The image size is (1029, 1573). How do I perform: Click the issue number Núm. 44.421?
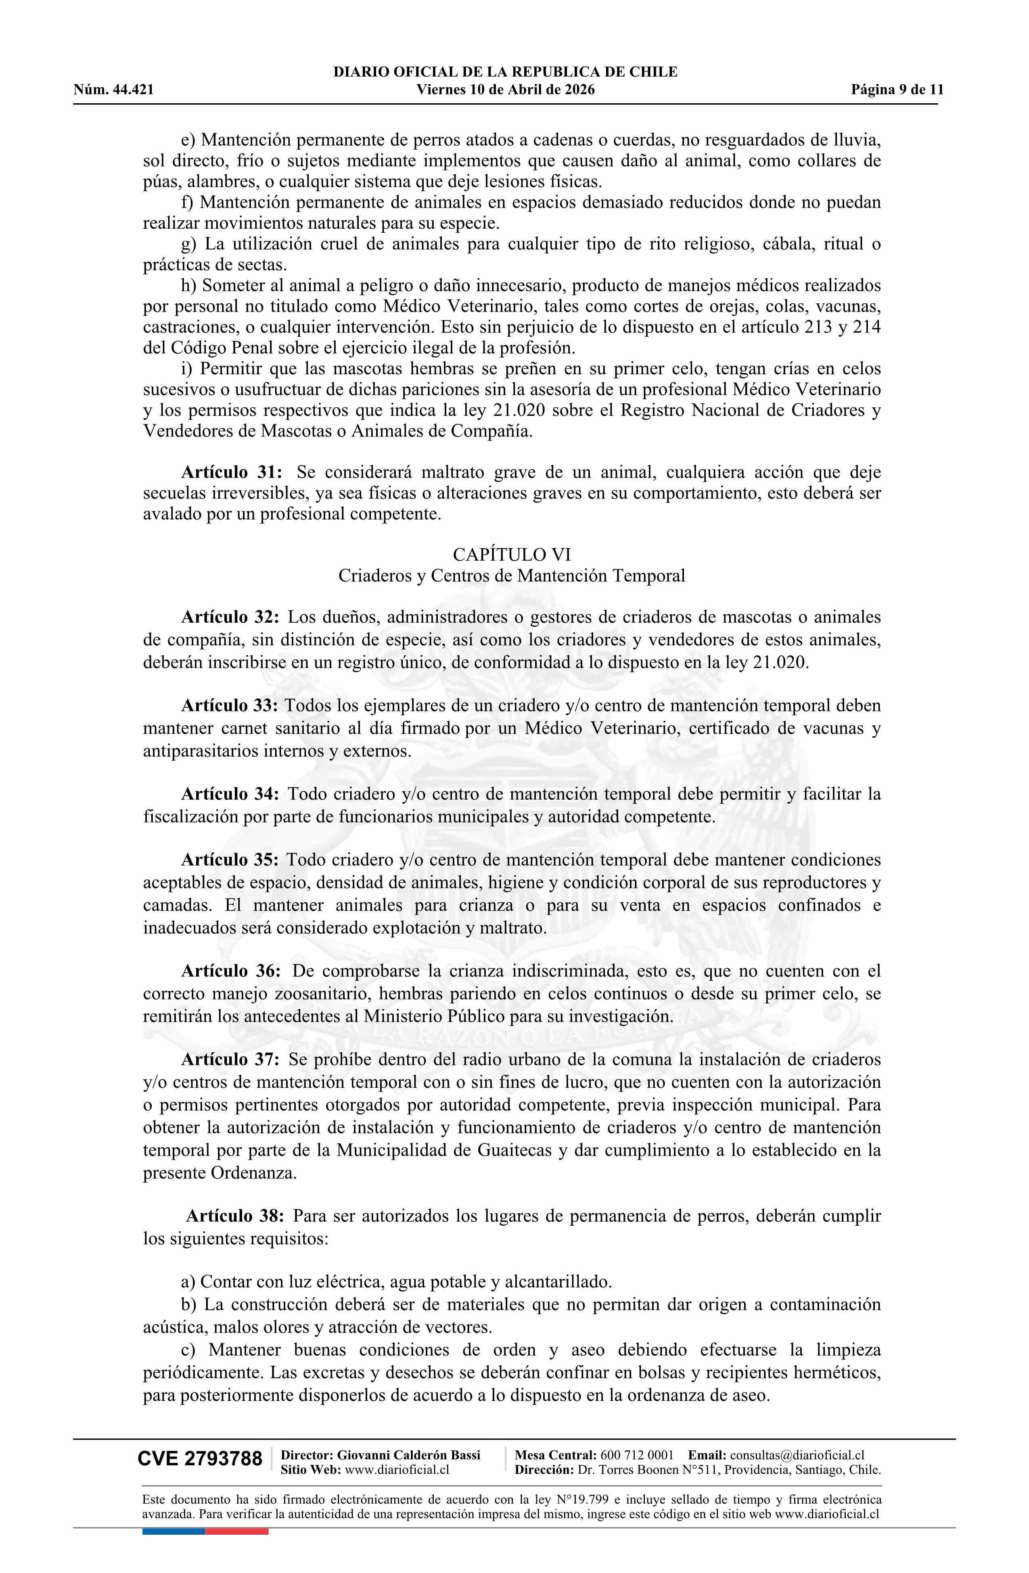point(114,90)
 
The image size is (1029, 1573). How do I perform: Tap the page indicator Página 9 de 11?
point(897,90)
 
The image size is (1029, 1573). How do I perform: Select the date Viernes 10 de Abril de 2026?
point(505,90)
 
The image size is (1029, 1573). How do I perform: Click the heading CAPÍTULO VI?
point(512,554)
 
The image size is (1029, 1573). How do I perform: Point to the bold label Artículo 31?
point(232,473)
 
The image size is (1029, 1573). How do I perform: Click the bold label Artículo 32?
point(230,618)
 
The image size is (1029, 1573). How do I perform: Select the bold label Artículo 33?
point(230,706)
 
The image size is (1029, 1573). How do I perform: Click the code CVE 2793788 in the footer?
point(200,1459)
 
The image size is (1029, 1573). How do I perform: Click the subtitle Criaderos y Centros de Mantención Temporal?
point(512,576)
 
